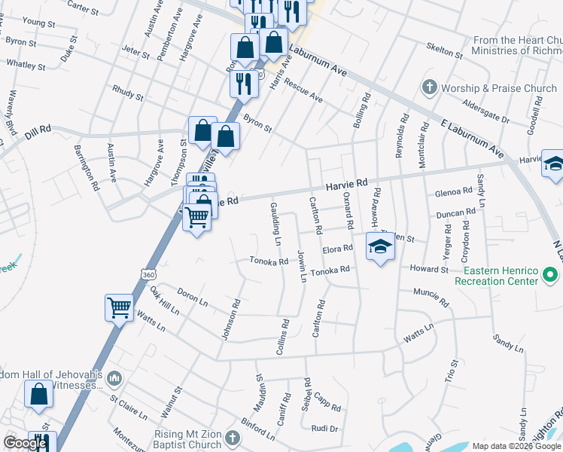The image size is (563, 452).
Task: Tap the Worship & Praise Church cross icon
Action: [430, 87]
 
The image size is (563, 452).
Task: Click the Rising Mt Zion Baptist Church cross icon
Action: [233, 437]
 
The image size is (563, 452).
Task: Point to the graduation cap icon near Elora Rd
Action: [380, 247]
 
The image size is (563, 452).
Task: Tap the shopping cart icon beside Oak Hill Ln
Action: [119, 307]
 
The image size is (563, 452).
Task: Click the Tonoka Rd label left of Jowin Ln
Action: [269, 262]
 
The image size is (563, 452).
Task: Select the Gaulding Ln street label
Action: [276, 224]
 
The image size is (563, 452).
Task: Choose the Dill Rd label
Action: [37, 130]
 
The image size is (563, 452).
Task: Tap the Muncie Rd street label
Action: [431, 297]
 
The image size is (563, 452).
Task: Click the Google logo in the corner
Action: [25, 443]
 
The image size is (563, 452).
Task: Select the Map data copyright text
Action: [517, 446]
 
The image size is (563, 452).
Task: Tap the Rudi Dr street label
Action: [325, 428]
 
